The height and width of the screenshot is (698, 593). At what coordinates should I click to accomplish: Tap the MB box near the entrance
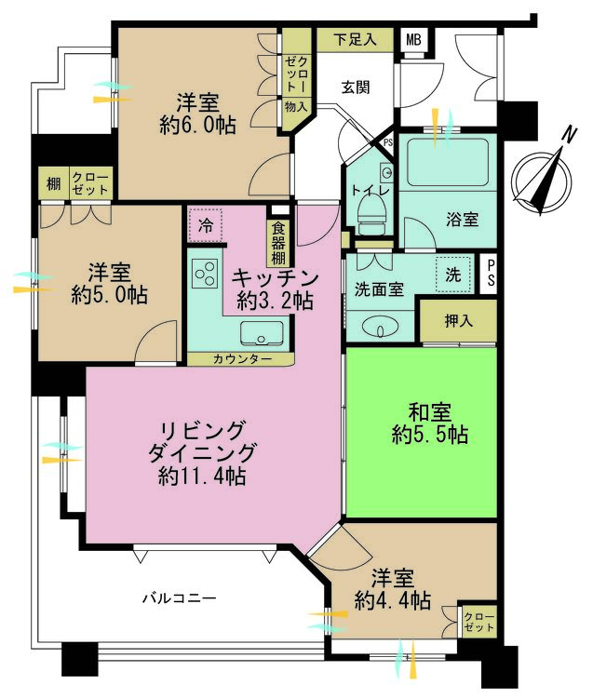tap(411, 40)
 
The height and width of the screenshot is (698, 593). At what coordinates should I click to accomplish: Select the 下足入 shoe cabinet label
tap(354, 40)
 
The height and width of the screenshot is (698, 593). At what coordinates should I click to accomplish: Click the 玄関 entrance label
tap(356, 87)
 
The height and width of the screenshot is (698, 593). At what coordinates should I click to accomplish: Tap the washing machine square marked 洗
tap(452, 275)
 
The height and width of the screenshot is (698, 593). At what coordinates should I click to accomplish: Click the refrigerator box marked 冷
tap(206, 226)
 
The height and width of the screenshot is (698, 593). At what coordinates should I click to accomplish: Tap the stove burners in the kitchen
tap(204, 274)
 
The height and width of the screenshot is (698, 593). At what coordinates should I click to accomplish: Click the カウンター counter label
tap(242, 359)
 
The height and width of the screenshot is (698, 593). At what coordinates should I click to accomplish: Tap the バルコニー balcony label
tap(180, 597)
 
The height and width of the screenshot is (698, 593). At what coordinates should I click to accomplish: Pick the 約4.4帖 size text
tap(392, 601)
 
